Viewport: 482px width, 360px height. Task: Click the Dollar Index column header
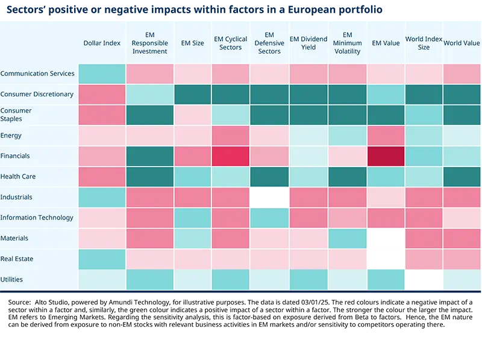coord(102,43)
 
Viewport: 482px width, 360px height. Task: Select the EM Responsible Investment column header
coord(149,43)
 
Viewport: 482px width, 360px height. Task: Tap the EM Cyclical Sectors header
coord(230,43)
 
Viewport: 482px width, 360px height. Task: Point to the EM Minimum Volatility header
coord(347,43)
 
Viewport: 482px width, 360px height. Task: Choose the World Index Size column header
coord(424,43)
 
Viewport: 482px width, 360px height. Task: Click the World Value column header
coord(462,43)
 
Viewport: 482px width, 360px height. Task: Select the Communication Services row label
coord(37,74)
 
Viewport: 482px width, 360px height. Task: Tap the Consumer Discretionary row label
coord(37,94)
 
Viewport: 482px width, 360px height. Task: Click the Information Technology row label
coord(37,218)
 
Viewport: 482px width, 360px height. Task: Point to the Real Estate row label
coord(17,259)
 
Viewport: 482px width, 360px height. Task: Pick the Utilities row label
coord(12,279)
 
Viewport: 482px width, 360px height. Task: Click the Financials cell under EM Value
coord(386,156)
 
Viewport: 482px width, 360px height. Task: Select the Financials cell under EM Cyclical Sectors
coord(230,156)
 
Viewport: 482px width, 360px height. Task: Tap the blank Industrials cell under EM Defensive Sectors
coord(269,197)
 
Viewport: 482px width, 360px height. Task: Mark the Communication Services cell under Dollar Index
coord(102,74)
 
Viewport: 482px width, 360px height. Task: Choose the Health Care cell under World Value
coord(462,177)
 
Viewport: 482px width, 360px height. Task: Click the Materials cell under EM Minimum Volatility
coord(347,238)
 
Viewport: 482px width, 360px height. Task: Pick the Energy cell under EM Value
coord(386,136)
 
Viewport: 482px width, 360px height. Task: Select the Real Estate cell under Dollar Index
coord(102,259)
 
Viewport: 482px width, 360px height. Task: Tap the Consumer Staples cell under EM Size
coord(192,115)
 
